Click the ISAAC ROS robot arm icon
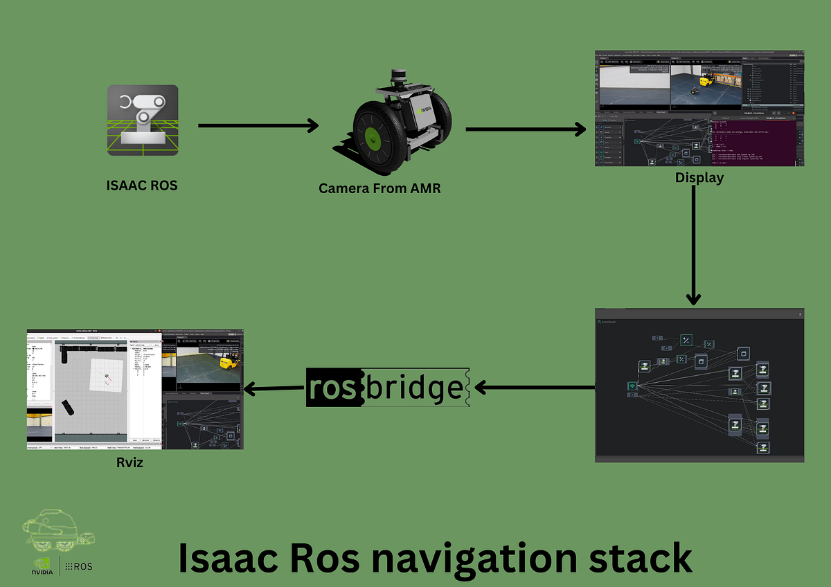[143, 120]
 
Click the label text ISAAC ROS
[142, 185]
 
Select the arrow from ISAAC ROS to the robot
[258, 125]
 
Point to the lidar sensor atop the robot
[398, 75]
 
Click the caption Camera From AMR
[379, 188]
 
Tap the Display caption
[699, 178]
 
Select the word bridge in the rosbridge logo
[414, 388]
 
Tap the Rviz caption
[130, 462]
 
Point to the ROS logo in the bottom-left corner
[78, 566]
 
